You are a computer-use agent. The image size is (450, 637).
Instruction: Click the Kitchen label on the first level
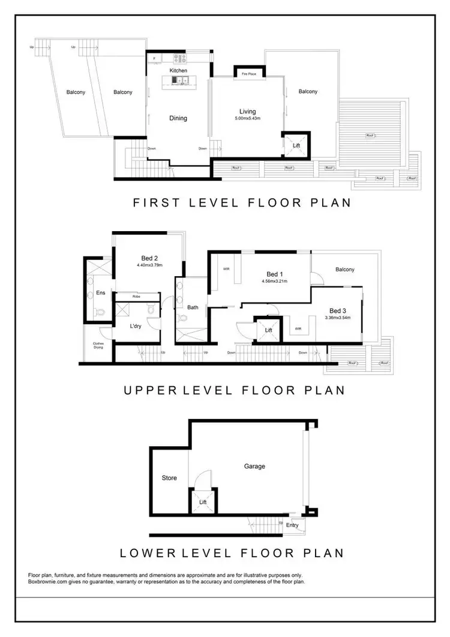(178, 71)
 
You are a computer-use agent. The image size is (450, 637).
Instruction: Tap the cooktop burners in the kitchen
(180, 59)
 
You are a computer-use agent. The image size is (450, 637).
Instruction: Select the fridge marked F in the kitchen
(155, 59)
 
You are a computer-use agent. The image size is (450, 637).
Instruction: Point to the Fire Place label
(248, 73)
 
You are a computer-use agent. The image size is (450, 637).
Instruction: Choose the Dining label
(178, 118)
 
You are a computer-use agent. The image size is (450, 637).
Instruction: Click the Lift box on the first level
(296, 146)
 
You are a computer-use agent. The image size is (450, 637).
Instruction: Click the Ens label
(100, 293)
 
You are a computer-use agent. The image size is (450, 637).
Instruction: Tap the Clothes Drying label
(98, 346)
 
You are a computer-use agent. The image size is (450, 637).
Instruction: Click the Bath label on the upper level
(193, 307)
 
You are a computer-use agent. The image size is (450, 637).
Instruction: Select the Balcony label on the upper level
(345, 270)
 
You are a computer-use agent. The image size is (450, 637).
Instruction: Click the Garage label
(254, 466)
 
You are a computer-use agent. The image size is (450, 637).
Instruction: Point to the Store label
(169, 479)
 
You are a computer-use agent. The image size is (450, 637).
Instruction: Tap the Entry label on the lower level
(292, 525)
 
